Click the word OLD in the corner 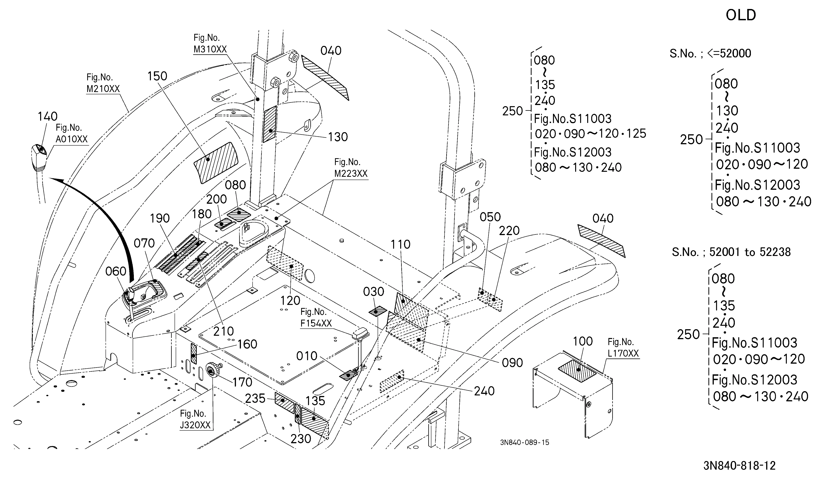click(x=741, y=15)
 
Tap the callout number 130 click(x=338, y=137)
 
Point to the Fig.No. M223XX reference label click(x=351, y=168)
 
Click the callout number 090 click(x=512, y=363)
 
